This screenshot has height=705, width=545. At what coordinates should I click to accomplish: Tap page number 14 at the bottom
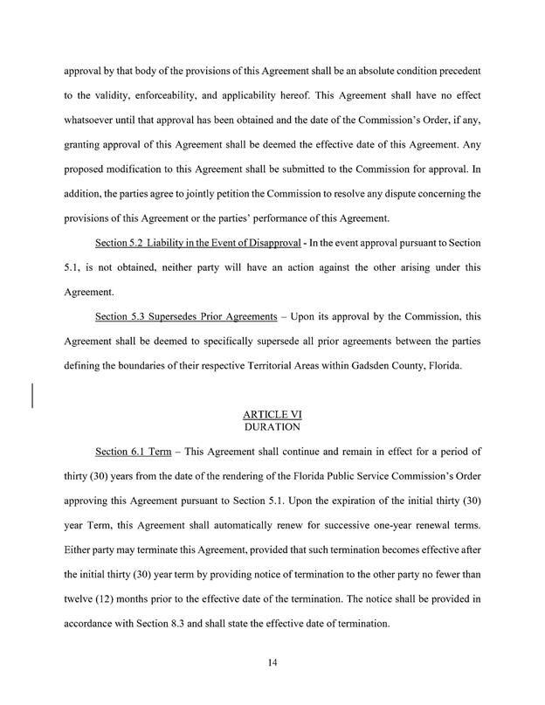272,667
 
